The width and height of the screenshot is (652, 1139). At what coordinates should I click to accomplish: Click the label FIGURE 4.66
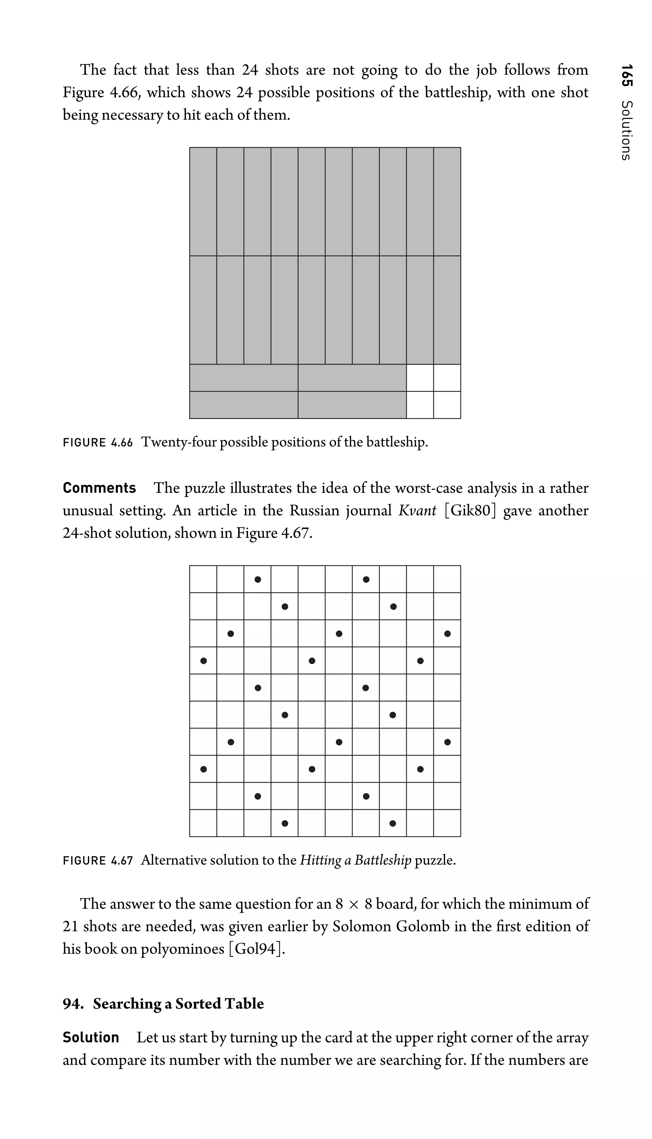pos(98,443)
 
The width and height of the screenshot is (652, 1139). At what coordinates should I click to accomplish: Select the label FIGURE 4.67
pos(98,861)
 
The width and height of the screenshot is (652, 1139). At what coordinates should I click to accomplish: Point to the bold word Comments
pos(99,488)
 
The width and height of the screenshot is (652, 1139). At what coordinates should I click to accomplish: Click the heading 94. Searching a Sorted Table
pos(163,1004)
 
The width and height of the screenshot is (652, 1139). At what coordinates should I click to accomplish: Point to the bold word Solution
pos(91,1037)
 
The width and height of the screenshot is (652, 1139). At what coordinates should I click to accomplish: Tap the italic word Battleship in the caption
pos(382,860)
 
